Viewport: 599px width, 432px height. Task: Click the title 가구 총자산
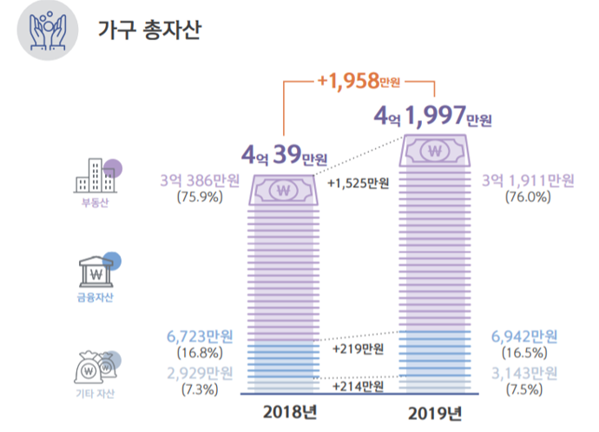tap(148, 31)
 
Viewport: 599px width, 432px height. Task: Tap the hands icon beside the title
tap(49, 31)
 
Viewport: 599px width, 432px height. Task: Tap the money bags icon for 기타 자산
tap(95, 369)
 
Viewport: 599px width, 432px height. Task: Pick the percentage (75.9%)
tap(200, 197)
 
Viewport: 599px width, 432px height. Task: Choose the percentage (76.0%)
tap(528, 197)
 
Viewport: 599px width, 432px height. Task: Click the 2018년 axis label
tap(286, 411)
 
